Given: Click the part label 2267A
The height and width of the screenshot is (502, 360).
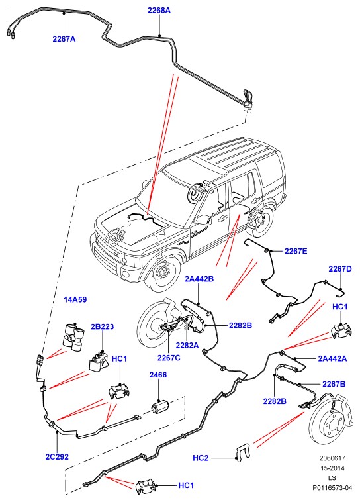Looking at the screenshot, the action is [x=64, y=39].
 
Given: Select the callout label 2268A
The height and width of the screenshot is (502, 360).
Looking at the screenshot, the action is [x=159, y=10].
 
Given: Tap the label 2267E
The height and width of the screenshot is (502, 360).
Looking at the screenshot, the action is [x=296, y=251].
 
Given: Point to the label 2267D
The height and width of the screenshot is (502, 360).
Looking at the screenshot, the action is [x=340, y=269].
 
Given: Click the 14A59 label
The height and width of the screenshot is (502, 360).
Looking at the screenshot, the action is [x=75, y=299].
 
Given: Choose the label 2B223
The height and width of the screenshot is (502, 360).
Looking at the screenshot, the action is [x=103, y=326].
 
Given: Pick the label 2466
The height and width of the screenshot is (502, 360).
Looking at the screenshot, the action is [x=158, y=375].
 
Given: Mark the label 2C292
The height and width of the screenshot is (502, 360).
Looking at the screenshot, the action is [x=57, y=456].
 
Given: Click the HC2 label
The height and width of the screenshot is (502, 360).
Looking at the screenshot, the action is [x=201, y=458].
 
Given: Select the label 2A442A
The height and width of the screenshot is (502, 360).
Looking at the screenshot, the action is [x=332, y=358].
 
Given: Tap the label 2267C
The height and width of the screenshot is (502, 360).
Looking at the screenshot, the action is [x=169, y=358].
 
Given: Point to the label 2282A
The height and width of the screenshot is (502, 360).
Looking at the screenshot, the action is [x=187, y=346].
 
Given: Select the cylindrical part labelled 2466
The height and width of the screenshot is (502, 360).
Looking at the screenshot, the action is [x=159, y=407].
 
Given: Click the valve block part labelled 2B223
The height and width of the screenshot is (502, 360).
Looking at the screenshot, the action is [x=98, y=362].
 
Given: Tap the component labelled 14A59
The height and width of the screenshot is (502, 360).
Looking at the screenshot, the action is [x=74, y=338].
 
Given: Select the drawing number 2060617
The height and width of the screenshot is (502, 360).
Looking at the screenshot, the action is [x=332, y=458].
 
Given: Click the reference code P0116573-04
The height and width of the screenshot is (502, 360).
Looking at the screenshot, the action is [x=332, y=487].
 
